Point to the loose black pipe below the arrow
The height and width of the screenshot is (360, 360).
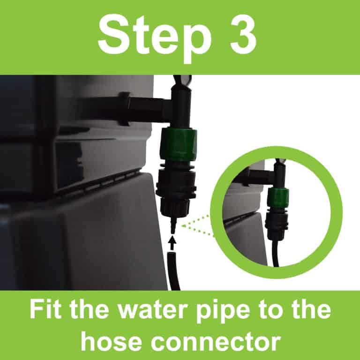[174, 272]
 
